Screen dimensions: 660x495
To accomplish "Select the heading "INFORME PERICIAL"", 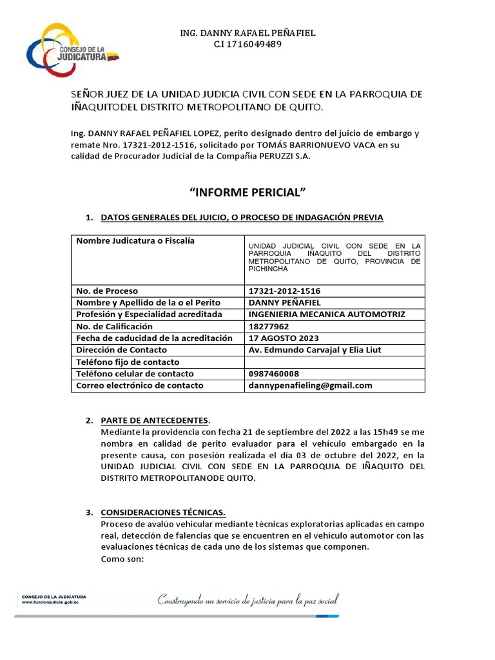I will (247, 193).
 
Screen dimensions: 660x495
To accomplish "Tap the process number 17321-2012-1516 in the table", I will (284, 291).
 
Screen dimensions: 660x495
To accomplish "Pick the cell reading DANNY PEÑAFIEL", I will (284, 302).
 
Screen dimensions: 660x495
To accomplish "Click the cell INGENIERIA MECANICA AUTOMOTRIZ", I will (327, 314).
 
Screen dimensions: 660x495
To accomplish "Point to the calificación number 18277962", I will (271, 326).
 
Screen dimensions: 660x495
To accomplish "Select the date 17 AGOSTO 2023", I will (283, 338).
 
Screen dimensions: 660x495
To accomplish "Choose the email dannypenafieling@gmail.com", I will (310, 385).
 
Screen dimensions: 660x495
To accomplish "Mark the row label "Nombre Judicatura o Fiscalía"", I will (135, 241).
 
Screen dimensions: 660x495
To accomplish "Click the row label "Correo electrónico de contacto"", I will (140, 385).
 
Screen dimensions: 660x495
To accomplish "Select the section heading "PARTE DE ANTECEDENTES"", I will (154, 420).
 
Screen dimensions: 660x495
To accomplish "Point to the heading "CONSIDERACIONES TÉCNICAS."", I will (163, 512).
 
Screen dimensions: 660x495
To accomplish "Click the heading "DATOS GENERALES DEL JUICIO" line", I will (242, 218).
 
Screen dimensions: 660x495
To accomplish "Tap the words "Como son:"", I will (123, 559).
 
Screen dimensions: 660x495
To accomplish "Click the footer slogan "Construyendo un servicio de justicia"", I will (248, 601).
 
